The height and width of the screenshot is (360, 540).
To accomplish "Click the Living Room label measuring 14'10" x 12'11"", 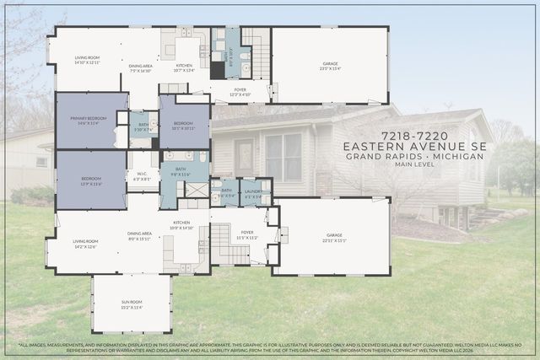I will (87, 60).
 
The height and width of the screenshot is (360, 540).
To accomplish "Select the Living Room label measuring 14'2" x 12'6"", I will (85, 243).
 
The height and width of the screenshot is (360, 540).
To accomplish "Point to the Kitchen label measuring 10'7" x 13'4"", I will (184, 67).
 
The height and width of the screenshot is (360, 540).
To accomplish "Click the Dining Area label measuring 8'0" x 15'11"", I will (139, 236).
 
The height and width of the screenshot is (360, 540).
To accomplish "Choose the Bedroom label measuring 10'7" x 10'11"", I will (184, 126).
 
